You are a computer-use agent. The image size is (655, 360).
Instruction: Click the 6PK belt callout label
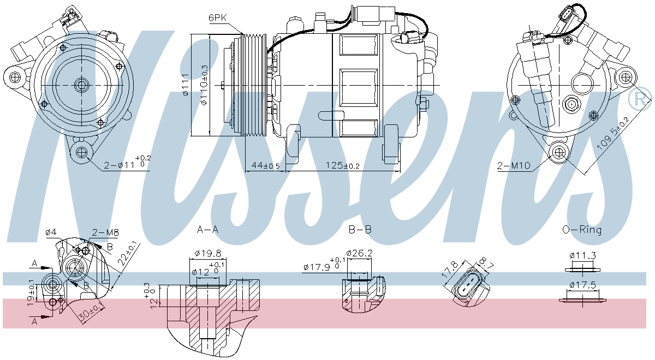217,17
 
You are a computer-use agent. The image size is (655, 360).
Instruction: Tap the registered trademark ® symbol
639,99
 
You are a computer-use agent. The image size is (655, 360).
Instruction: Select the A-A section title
207,230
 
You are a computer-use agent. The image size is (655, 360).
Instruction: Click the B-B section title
360,230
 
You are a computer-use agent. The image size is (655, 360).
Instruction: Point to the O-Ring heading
582,230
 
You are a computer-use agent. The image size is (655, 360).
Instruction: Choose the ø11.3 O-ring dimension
582,255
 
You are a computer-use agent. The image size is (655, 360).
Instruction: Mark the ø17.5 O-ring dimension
582,284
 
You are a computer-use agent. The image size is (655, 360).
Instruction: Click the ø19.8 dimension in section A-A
207,253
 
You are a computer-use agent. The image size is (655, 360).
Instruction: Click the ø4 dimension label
51,233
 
